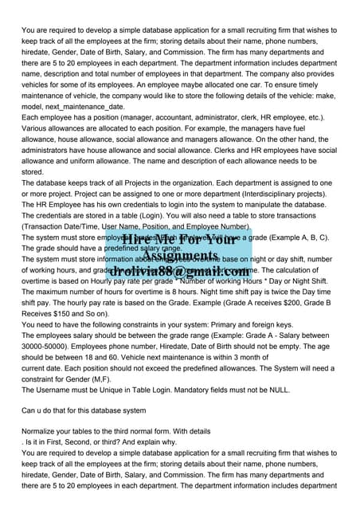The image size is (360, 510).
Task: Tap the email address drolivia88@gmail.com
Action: tap(181, 273)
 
